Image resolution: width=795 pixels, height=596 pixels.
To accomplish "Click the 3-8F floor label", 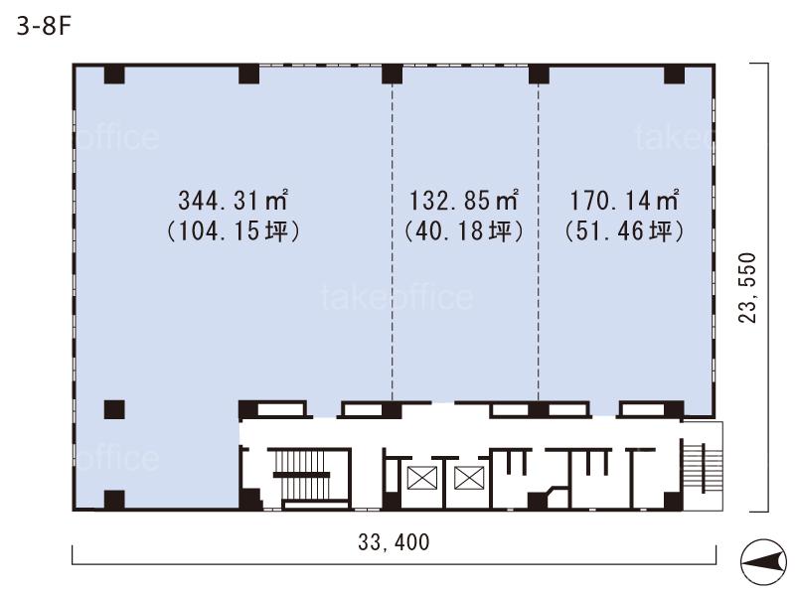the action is click(x=43, y=26).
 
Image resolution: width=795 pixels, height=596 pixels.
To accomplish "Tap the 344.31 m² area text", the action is click(x=234, y=200).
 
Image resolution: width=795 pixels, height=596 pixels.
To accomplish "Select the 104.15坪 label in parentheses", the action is click(x=234, y=231).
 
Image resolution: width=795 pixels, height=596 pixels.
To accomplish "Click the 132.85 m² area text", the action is click(x=463, y=200).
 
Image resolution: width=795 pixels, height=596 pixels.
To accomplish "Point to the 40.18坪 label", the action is click(x=463, y=231).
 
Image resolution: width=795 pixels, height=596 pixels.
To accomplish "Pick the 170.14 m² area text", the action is click(x=624, y=200).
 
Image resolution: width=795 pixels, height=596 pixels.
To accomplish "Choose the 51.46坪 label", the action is click(x=624, y=231).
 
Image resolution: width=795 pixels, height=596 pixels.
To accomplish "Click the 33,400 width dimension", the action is click(x=394, y=541).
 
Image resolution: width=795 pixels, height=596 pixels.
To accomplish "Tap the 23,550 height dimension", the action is click(x=747, y=287).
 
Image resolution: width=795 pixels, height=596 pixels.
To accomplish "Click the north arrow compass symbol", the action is click(x=763, y=562).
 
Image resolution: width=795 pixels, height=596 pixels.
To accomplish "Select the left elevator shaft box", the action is click(x=422, y=479).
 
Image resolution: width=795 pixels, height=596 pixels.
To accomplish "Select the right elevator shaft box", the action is click(x=469, y=479).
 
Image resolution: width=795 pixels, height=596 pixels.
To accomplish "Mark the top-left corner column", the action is click(x=114, y=74).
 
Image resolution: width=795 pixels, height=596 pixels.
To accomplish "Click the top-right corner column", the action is click(x=675, y=74).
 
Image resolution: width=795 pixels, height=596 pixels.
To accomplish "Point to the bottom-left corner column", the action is click(x=114, y=500).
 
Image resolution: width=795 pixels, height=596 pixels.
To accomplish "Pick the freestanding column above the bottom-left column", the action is click(x=114, y=409).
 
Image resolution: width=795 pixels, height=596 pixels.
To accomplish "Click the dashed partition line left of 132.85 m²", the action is click(x=392, y=242).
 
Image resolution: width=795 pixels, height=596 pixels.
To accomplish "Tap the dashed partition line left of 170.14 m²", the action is click(x=539, y=242).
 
